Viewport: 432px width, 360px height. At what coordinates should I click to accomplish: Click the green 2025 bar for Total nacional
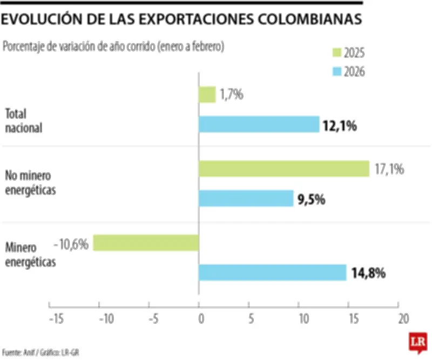(x=207, y=95)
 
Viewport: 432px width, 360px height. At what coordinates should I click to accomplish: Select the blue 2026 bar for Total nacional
(x=259, y=125)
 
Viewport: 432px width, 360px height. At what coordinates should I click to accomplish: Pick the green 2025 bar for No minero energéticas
(x=284, y=169)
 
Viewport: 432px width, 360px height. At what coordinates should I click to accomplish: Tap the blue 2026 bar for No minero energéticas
(x=246, y=198)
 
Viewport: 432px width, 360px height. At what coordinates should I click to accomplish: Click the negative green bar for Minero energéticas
(x=146, y=243)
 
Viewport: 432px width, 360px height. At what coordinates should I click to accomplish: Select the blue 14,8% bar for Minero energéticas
(x=273, y=272)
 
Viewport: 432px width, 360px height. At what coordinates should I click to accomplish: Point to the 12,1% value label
(x=340, y=126)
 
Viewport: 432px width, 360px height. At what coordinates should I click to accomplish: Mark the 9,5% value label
(x=311, y=199)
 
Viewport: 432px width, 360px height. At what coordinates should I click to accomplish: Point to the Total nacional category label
(x=24, y=121)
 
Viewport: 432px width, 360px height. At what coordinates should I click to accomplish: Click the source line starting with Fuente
(x=41, y=352)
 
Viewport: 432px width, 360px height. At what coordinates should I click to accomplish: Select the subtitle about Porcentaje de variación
(x=113, y=46)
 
